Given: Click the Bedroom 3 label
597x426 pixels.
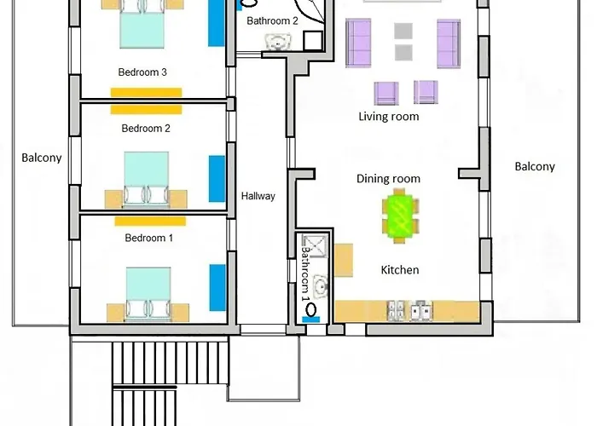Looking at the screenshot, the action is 142,72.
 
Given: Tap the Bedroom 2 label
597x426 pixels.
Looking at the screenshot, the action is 146,129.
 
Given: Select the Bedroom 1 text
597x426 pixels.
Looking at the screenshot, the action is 149,238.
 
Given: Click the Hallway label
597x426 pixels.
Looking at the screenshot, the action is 258,196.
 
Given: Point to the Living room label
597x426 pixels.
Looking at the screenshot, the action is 389,117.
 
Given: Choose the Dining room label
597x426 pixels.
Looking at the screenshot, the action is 388,179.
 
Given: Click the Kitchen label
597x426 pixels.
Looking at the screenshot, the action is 400,270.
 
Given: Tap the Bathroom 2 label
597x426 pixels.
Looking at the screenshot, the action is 272,21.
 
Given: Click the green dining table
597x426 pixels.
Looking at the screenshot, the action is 400,216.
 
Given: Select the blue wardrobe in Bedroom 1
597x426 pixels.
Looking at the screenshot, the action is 217,288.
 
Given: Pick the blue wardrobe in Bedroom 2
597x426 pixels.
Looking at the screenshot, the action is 217,179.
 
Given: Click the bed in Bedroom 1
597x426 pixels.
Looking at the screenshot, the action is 148,294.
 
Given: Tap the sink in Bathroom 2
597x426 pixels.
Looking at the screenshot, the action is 278,42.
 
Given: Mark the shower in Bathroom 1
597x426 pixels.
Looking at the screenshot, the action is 315,245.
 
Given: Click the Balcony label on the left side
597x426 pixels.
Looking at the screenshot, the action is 42,158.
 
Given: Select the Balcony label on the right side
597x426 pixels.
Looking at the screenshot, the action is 535,167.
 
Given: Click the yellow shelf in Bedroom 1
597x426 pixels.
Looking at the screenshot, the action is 150,222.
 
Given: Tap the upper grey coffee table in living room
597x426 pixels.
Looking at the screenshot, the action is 403,32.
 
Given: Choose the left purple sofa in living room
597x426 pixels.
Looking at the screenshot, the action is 358,43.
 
